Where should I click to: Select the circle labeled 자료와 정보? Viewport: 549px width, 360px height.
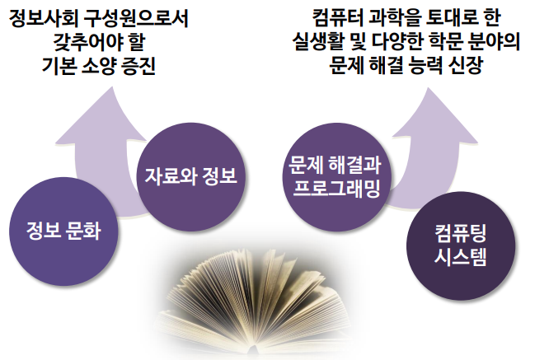(x=190, y=175)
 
